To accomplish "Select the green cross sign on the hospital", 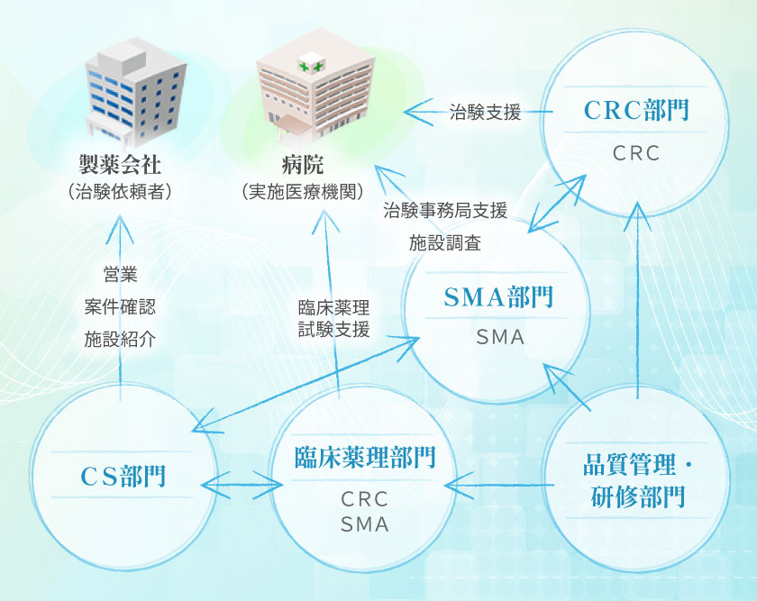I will (312, 67).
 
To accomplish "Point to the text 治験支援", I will (486, 113).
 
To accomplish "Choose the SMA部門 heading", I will (498, 297).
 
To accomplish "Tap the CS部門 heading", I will (123, 475).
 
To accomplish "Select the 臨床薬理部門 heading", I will (365, 458).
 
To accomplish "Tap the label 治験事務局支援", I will (445, 211).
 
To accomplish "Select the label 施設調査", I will (445, 242).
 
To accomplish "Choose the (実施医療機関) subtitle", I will (302, 191).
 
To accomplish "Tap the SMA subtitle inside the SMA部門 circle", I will (499, 338).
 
